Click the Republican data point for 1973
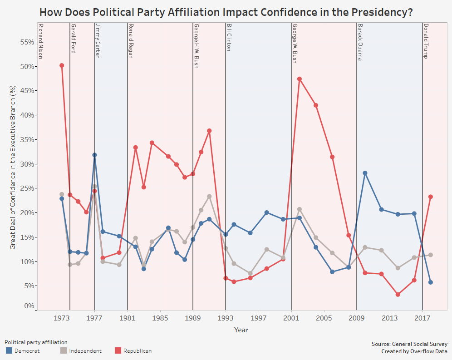[62, 65]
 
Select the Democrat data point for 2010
[365, 173]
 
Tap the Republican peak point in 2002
[300, 79]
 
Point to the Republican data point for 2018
[431, 197]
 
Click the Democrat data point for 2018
[431, 282]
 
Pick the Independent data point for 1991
[209, 197]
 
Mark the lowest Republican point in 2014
[398, 295]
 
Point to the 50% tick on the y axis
[28, 66]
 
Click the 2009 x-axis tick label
[357, 318]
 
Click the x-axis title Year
[241, 330]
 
